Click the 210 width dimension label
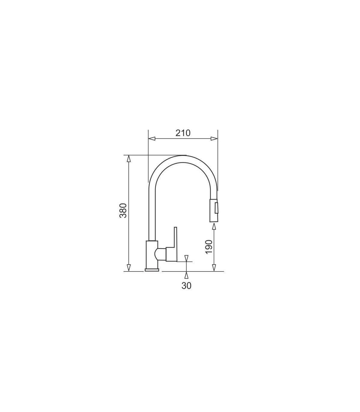(x=183, y=133)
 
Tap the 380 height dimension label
(x=123, y=211)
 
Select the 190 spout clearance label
(x=209, y=247)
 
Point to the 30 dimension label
(x=186, y=286)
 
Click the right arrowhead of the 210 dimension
(x=214, y=138)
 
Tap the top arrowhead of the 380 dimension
(x=129, y=159)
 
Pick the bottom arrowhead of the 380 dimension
(x=129, y=268)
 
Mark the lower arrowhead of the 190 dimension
(x=214, y=268)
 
